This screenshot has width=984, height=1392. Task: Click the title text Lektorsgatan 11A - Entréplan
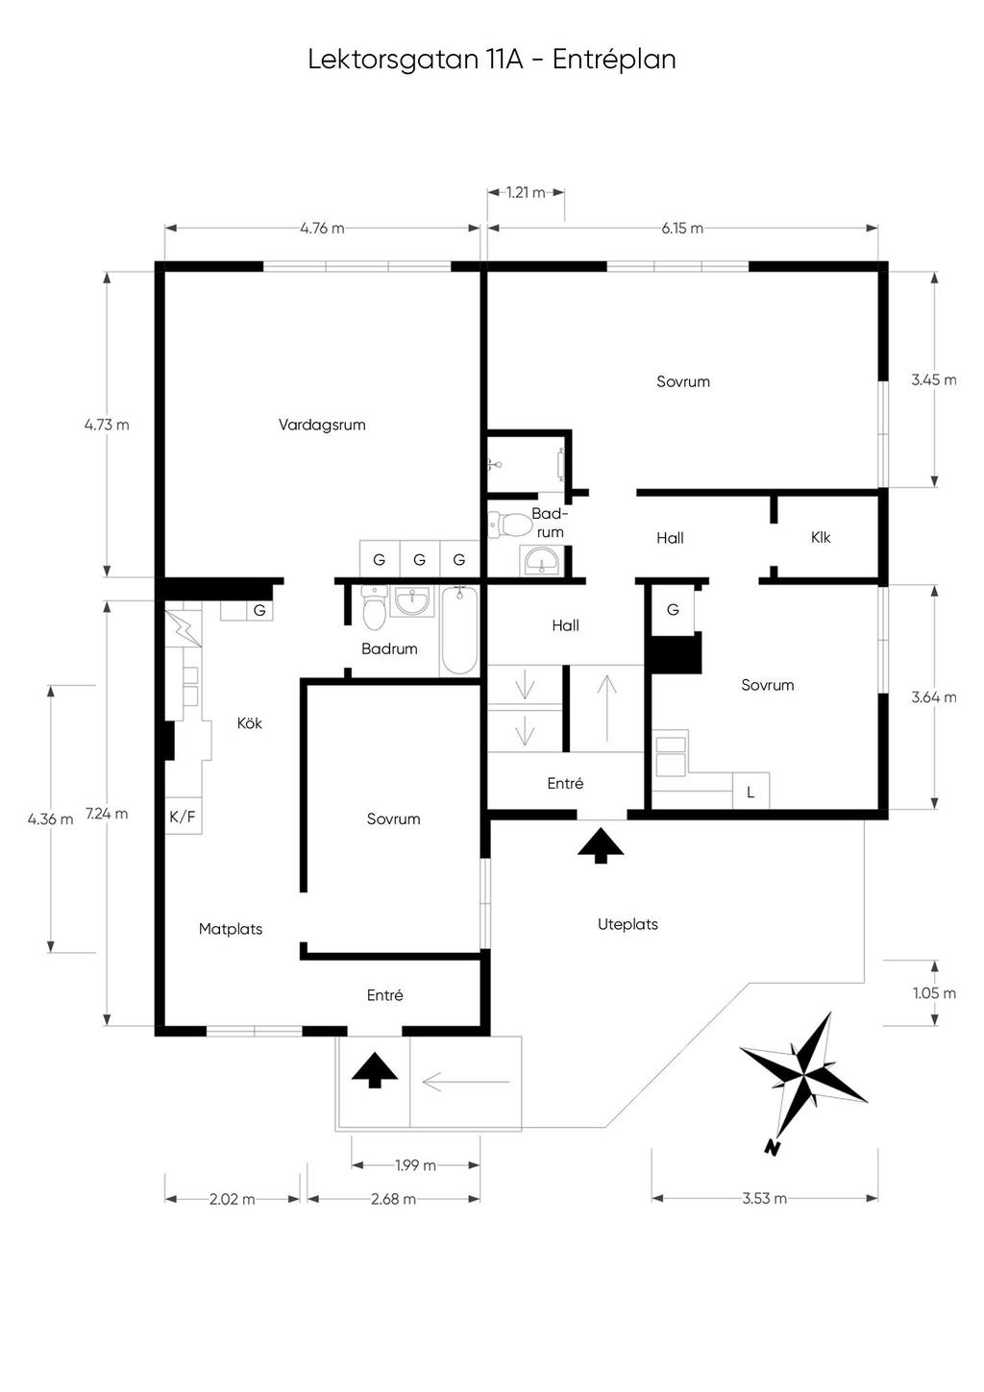[x=491, y=59]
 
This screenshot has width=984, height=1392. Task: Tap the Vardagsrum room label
[x=322, y=425]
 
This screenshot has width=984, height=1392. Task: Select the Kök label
[x=250, y=723]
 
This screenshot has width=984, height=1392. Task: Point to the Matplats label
[x=231, y=929]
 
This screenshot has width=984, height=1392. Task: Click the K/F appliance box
[x=183, y=817]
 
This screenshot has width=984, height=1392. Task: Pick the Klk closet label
[x=821, y=537]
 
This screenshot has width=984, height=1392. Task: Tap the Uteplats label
[x=627, y=924]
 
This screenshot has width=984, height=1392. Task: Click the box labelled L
[x=750, y=792]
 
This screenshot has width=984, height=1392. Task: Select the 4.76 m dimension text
[x=322, y=229]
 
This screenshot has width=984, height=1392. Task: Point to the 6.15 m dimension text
[x=682, y=229]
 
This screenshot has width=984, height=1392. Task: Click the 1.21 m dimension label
[x=526, y=192]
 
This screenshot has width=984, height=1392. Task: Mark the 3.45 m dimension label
[x=934, y=379]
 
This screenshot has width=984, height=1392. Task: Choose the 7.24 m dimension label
[x=107, y=814]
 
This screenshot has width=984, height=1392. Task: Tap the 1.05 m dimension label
[x=934, y=993]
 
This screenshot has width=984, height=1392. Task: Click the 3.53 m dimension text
[x=765, y=1199]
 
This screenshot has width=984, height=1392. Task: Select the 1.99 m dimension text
[x=415, y=1165]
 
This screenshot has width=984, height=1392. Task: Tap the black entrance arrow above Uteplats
[x=601, y=845]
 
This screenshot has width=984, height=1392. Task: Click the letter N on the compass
[x=772, y=1147]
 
